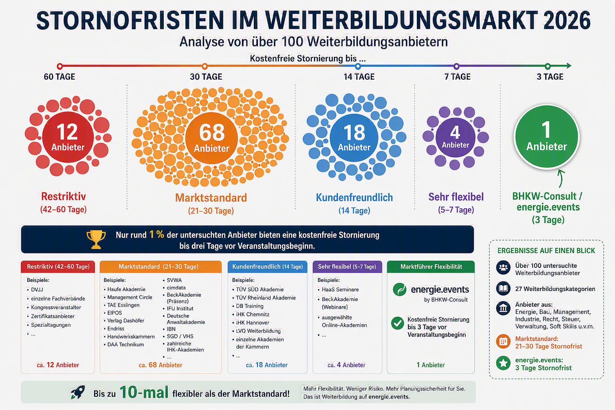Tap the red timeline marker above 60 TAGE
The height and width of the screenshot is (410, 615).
point(60,66)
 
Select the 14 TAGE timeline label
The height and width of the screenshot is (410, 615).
point(359,76)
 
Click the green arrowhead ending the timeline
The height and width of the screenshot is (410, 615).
point(569,66)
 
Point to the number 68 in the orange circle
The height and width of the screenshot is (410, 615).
point(212,132)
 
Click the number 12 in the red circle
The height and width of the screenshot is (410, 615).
point(67,132)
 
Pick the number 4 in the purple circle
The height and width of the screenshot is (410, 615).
point(455,133)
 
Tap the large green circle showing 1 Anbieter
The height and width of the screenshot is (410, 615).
point(547,137)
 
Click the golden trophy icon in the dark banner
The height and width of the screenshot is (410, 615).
point(96,239)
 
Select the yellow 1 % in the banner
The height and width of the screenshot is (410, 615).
point(157,235)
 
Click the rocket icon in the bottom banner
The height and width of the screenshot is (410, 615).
point(78,392)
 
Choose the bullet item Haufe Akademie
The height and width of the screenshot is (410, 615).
point(126,289)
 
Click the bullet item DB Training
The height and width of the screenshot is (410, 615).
point(249,306)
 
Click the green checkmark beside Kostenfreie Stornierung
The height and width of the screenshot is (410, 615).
point(398,323)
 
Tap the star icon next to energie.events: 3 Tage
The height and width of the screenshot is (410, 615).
point(503,363)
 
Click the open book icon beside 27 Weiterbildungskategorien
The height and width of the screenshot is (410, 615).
point(503,288)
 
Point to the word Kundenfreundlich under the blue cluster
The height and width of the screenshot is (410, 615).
point(354,197)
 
